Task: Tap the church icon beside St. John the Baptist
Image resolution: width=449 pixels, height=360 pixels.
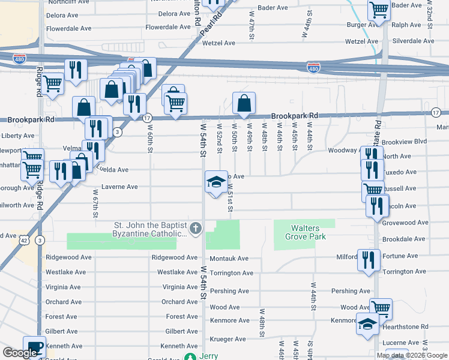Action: point(196,229)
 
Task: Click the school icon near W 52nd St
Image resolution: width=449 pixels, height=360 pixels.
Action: point(215,182)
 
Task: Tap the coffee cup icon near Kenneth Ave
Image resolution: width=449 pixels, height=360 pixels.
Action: point(34,347)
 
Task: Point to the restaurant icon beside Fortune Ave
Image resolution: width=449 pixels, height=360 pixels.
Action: point(369,260)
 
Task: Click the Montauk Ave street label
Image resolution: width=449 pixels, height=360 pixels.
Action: point(229,259)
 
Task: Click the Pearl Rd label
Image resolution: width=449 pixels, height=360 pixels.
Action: point(208,25)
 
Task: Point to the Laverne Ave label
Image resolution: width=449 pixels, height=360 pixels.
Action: point(119,187)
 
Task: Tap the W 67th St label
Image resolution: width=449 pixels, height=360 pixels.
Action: point(95,204)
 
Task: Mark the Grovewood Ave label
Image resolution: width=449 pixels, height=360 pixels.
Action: point(405,223)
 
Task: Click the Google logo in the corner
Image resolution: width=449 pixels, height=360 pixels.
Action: point(20,353)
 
